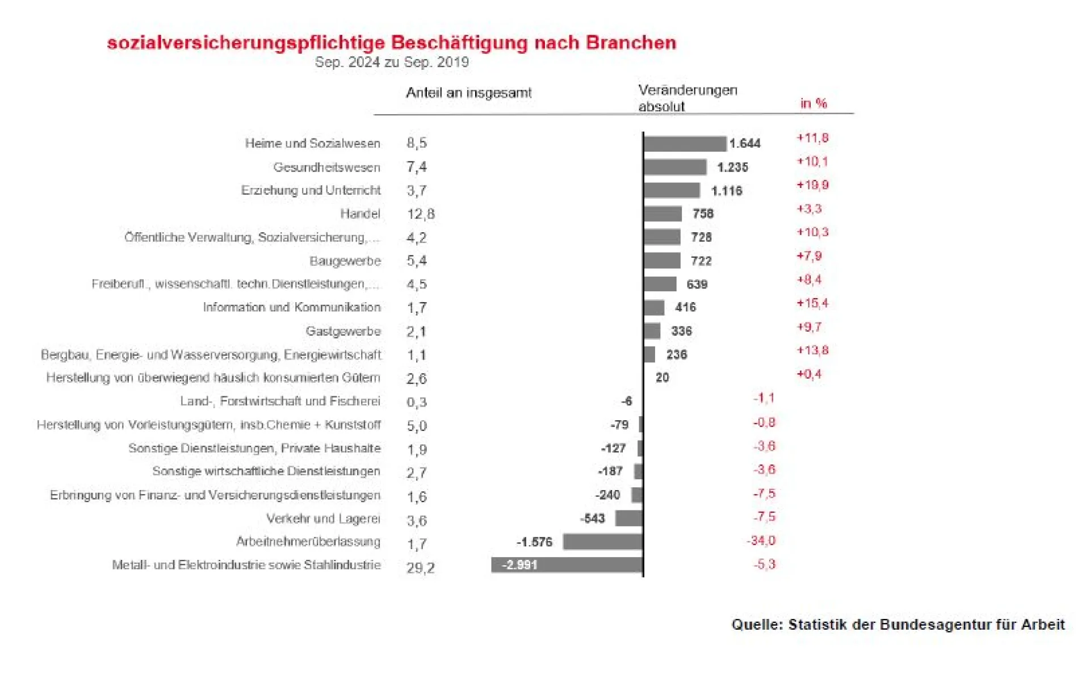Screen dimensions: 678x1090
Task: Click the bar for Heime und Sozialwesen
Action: pos(685,144)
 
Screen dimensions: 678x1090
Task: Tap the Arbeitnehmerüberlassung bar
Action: pos(602,542)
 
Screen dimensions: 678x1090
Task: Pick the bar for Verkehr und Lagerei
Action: pos(628,518)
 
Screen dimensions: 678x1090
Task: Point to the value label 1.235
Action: pos(732,168)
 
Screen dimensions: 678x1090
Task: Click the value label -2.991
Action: pos(519,565)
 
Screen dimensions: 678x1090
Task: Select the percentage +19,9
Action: pos(812,185)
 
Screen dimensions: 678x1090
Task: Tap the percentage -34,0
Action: pos(761,541)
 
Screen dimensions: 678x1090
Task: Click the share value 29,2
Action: pos(421,568)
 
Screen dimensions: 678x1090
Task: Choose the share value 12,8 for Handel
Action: pos(421,214)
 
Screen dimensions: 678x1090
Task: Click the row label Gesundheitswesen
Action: pos(326,168)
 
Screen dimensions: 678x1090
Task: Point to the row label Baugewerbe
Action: pos(345,261)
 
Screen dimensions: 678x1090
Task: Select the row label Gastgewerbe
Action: pos(343,331)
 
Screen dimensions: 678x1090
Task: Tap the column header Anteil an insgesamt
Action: pos(468,93)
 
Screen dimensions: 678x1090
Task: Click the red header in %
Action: pos(814,103)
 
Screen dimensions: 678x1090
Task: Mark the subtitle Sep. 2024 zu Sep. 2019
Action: pos(392,62)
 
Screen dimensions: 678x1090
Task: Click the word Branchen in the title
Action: pos(631,43)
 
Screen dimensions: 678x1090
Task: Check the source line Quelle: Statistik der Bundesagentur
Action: pos(898,625)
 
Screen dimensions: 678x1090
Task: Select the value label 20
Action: pos(662,378)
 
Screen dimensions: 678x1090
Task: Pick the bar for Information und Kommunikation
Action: pos(654,308)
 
